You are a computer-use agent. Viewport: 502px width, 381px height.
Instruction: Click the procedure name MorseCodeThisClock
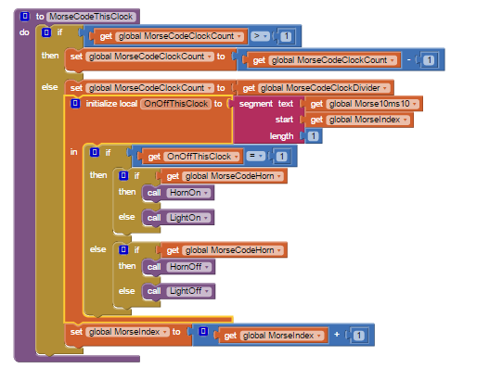(x=91, y=17)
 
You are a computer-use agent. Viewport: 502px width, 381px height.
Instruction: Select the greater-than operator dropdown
(x=260, y=36)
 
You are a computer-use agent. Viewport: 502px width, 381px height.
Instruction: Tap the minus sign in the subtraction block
(x=409, y=59)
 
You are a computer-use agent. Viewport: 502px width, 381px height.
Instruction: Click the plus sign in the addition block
(x=337, y=335)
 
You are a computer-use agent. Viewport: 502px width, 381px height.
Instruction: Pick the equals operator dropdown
(x=255, y=156)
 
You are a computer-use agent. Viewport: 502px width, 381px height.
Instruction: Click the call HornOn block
(x=178, y=193)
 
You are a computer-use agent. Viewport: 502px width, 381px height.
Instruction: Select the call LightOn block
(x=178, y=218)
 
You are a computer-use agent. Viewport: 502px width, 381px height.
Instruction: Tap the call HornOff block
(x=179, y=267)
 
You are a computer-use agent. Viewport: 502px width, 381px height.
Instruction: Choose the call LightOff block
(x=179, y=291)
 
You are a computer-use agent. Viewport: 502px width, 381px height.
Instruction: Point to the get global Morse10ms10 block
(x=364, y=104)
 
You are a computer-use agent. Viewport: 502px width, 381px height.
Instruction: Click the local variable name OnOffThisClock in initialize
(x=175, y=104)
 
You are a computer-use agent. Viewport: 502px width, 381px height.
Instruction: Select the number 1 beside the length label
(x=314, y=136)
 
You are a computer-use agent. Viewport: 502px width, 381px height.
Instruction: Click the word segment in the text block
(x=256, y=104)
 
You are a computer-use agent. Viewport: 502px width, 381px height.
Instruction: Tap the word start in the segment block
(x=284, y=120)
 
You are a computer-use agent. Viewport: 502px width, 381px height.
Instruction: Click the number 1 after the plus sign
(x=358, y=336)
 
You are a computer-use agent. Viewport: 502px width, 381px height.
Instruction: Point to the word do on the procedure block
(x=24, y=32)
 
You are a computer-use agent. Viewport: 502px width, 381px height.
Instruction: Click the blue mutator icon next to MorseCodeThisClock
(x=25, y=17)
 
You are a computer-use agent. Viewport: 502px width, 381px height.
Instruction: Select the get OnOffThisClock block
(x=190, y=157)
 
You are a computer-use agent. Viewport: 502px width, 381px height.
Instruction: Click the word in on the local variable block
(x=73, y=152)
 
